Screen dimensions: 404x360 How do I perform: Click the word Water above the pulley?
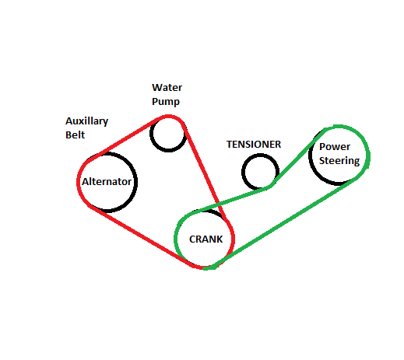(167, 88)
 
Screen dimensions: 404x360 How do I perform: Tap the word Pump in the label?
(166, 101)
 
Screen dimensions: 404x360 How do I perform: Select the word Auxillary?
(86, 121)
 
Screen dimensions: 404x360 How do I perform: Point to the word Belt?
(75, 135)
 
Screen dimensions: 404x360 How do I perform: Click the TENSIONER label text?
(254, 145)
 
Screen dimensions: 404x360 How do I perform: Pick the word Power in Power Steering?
(335, 147)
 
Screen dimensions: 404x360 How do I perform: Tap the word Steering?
(339, 161)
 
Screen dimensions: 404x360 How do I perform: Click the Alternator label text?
(107, 181)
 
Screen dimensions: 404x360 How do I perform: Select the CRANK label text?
(206, 239)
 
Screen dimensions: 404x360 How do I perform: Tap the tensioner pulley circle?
(243, 173)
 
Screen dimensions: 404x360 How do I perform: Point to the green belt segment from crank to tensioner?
(231, 199)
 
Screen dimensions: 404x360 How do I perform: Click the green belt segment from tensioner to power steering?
(298, 158)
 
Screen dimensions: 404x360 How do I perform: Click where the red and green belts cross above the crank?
(219, 204)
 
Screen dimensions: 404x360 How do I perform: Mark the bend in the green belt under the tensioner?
(270, 187)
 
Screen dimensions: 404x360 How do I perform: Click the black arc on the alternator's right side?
(135, 181)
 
